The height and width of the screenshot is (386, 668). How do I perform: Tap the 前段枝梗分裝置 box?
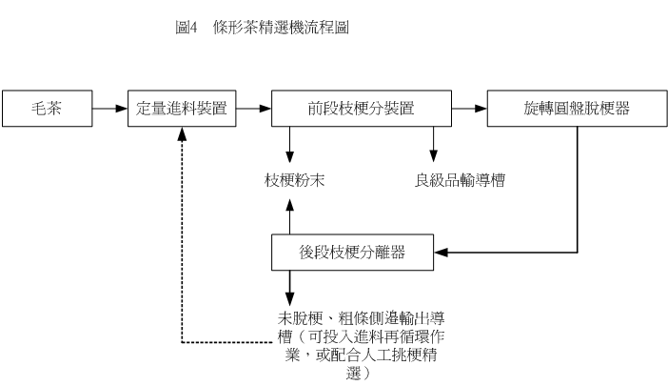point(360,109)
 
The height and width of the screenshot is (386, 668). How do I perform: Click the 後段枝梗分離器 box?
point(352,254)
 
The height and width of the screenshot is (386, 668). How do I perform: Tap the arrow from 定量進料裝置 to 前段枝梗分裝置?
point(253,109)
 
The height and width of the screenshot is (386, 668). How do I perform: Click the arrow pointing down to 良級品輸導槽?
point(434,144)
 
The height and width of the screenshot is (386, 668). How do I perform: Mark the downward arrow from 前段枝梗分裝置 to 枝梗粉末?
point(289,144)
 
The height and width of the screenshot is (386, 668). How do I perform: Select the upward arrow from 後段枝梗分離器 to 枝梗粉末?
point(289,214)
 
